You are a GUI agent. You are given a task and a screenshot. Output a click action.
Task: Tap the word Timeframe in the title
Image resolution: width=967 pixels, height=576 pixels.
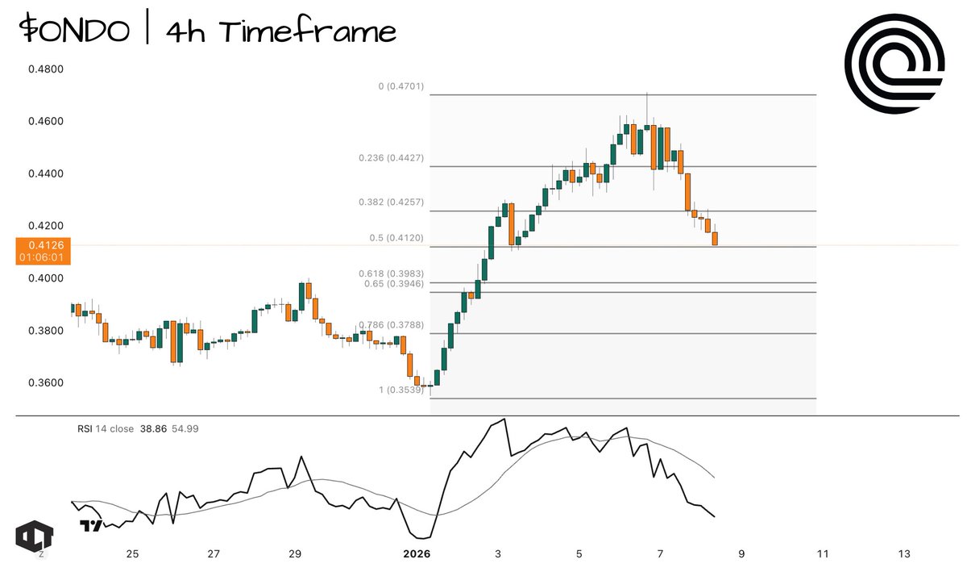(307, 31)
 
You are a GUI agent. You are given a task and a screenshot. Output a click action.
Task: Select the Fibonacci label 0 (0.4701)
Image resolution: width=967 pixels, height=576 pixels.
(400, 86)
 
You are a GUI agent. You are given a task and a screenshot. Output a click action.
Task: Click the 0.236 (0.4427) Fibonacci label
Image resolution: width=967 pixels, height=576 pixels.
(391, 158)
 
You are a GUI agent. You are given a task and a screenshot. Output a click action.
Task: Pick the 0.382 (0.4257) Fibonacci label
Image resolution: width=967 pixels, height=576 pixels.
(391, 202)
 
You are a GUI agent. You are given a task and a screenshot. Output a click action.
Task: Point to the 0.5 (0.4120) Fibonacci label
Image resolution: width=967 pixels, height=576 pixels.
(396, 238)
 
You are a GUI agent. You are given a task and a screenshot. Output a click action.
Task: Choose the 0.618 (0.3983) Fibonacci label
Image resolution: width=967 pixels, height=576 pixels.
(391, 274)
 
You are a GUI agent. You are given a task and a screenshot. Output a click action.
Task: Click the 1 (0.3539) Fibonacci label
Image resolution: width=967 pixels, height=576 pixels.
(400, 390)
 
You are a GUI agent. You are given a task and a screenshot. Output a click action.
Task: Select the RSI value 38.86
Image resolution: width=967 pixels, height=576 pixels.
(147, 428)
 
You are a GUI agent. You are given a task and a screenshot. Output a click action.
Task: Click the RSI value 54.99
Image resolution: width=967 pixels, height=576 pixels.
(182, 428)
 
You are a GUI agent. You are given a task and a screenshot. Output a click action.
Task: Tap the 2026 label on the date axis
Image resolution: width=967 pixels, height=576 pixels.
(416, 554)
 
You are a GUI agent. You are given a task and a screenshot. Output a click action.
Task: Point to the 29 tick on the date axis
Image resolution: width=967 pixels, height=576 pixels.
(295, 554)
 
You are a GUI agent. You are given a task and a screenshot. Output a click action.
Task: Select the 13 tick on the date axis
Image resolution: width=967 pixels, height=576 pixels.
(904, 554)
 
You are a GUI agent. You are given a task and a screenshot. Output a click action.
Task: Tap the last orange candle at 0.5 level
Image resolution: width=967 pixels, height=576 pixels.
(715, 239)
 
